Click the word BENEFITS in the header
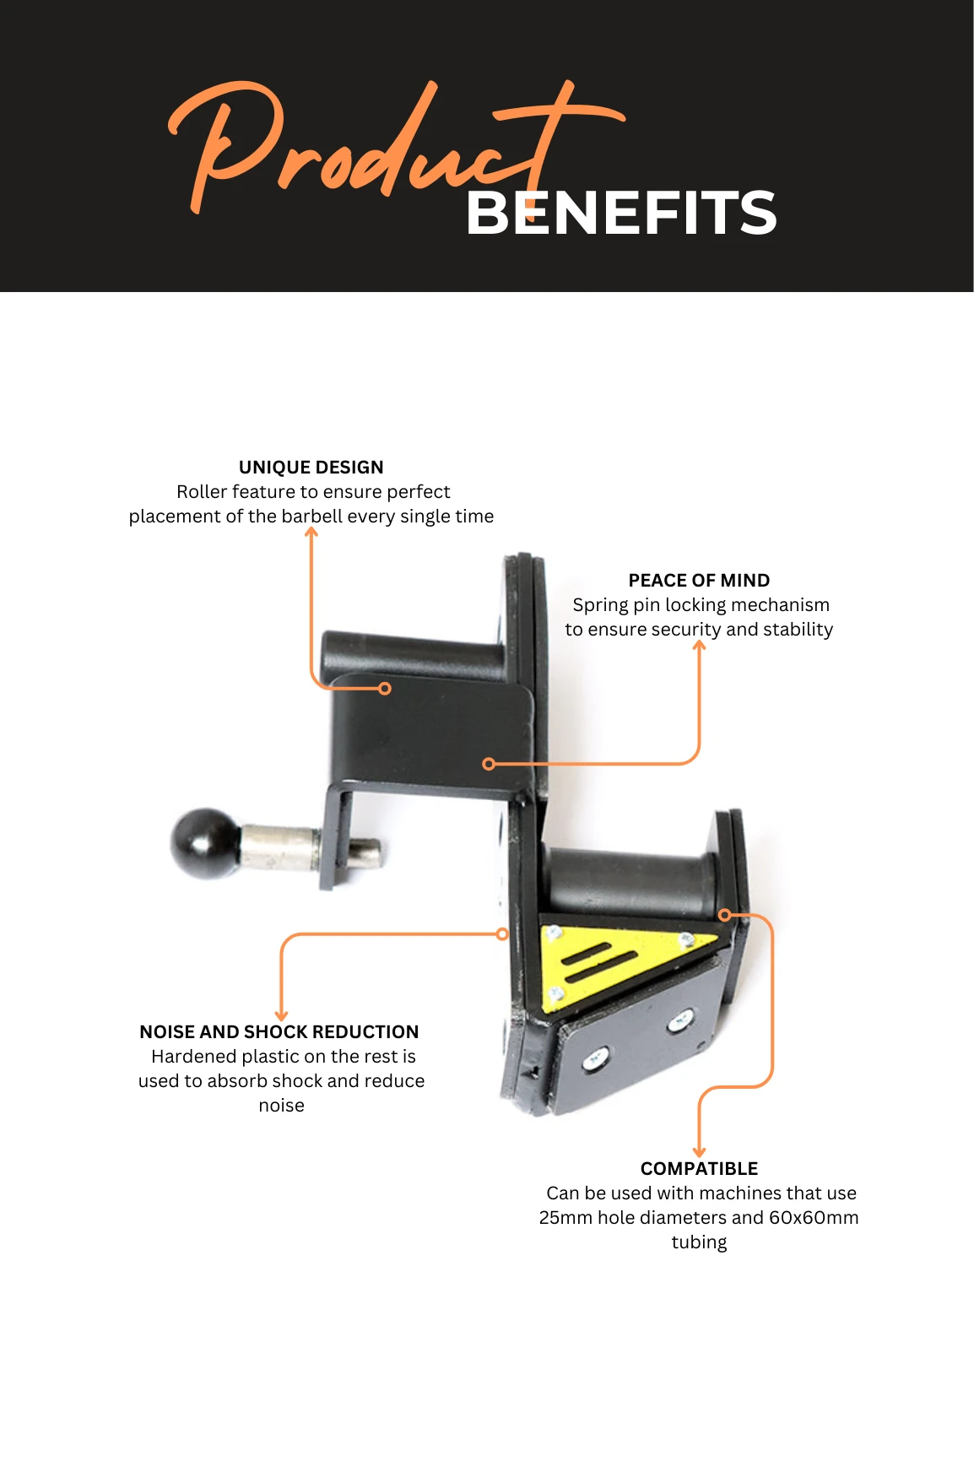tap(621, 213)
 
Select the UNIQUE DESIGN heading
tap(311, 468)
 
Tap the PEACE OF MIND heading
tap(699, 581)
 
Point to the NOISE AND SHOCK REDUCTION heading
tap(279, 1032)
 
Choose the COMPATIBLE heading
tap(699, 1169)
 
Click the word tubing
tap(699, 1243)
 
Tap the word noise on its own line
tap(281, 1106)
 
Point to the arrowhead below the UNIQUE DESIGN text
tap(311, 532)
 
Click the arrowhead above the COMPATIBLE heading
tap(699, 1152)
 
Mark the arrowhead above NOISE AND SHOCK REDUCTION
tap(282, 1015)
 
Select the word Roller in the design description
tap(202, 492)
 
